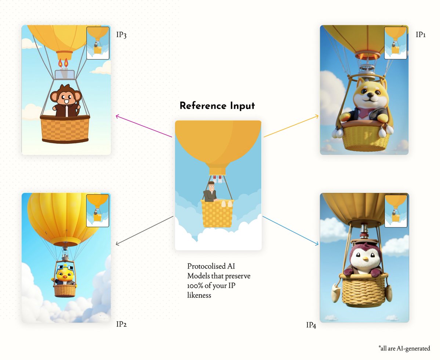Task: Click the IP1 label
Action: pyautogui.click(x=421, y=35)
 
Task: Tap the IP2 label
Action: pyautogui.click(x=121, y=324)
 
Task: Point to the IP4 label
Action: pyautogui.click(x=311, y=325)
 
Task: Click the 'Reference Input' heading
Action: pyautogui.click(x=217, y=106)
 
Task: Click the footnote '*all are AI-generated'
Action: pyautogui.click(x=404, y=348)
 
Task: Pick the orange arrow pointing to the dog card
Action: pyautogui.click(x=291, y=126)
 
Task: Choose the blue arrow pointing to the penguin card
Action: pyautogui.click(x=290, y=231)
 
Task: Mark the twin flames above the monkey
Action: pyautogui.click(x=63, y=63)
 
